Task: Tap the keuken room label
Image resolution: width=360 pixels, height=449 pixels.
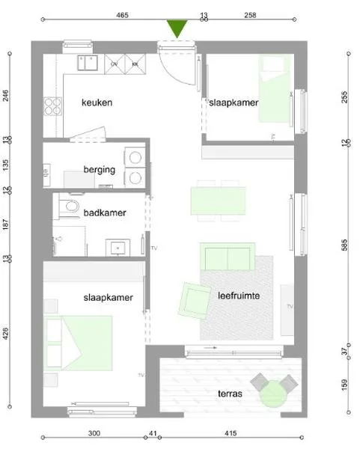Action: coord(97,103)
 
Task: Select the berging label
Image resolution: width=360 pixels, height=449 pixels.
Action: coord(99,170)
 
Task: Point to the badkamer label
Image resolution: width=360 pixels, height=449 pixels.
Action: coord(105,213)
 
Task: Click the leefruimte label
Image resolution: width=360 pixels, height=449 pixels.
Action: coord(239,296)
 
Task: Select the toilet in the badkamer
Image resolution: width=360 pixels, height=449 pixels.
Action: coord(71,206)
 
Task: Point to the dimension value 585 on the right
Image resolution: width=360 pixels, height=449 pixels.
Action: coord(345,244)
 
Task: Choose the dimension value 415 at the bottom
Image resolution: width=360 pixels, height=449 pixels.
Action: coord(231,433)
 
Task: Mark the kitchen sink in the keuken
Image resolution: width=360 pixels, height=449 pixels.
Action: coord(87,63)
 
